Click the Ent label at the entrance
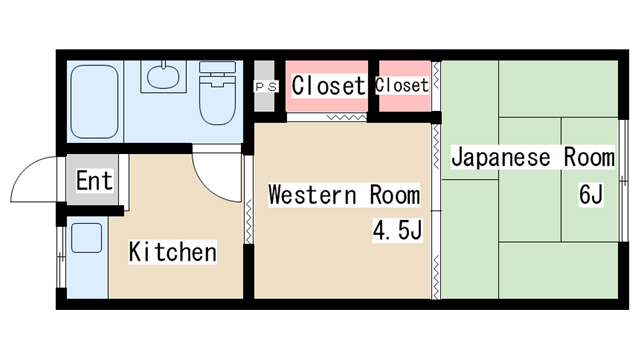94,181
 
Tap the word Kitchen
172,252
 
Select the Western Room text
343,194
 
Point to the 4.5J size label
398,232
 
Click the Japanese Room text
531,157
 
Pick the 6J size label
589,194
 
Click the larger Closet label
328,86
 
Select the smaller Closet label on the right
402,86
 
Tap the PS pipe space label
265,87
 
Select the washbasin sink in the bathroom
160,75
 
